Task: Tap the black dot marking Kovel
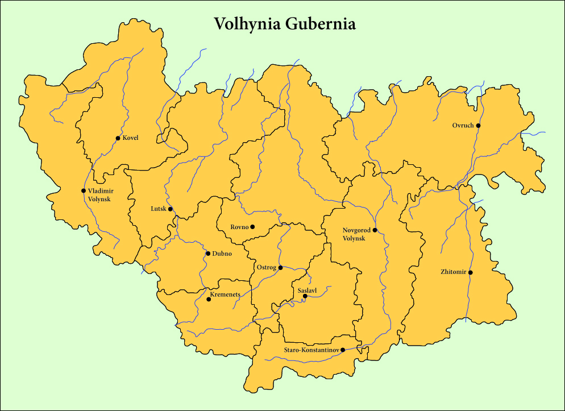pyautogui.click(x=118, y=138)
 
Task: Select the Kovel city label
pyautogui.click(x=130, y=138)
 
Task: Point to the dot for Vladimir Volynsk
pyautogui.click(x=84, y=190)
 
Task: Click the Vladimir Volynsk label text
pyautogui.click(x=99, y=195)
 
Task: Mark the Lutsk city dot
pyautogui.click(x=170, y=209)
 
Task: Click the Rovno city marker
pyautogui.click(x=252, y=227)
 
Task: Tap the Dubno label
pyautogui.click(x=222, y=254)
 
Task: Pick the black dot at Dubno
pyautogui.click(x=208, y=254)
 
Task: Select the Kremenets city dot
pyautogui.click(x=209, y=299)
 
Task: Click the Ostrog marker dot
pyautogui.click(x=280, y=267)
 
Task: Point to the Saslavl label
pyautogui.click(x=307, y=290)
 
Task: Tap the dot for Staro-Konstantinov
pyautogui.click(x=342, y=350)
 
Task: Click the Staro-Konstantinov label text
pyautogui.click(x=311, y=350)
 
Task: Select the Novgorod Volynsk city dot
pyautogui.click(x=375, y=230)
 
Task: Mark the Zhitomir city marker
pyautogui.click(x=470, y=272)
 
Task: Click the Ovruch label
pyautogui.click(x=463, y=126)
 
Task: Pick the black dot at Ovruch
pyautogui.click(x=478, y=126)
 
